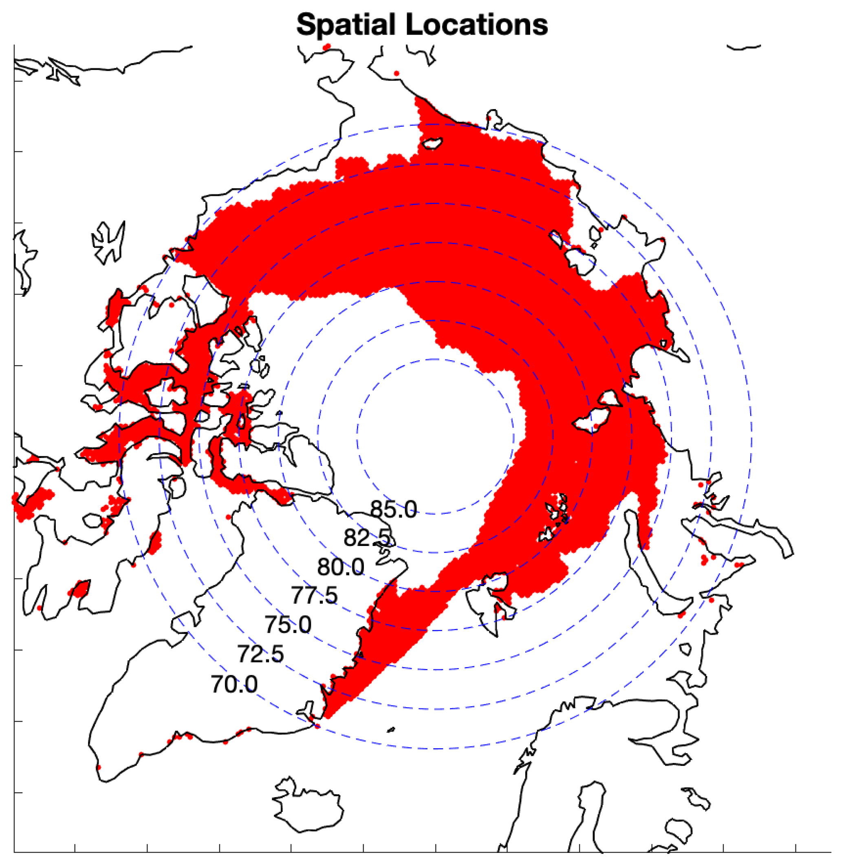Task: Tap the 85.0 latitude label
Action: pos(394,509)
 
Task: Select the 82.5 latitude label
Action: pos(367,538)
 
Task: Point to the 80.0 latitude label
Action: pos(340,568)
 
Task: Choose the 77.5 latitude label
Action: pos(314,595)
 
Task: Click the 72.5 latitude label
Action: pos(260,654)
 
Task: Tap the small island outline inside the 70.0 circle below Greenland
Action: pos(391,730)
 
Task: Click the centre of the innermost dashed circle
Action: pos(434,437)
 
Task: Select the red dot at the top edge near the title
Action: pos(328,46)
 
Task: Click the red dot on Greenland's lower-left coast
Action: pos(99,767)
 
